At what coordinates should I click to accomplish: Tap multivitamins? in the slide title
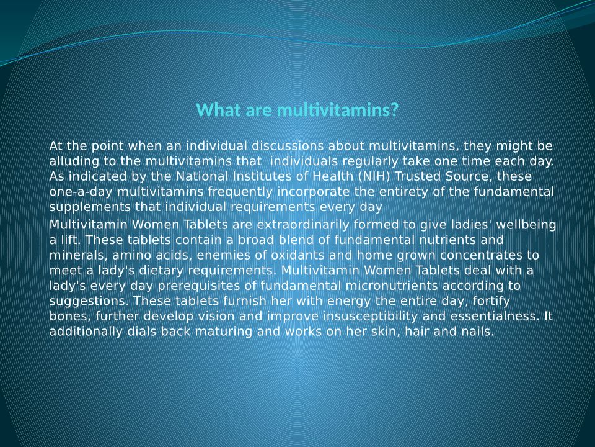pyautogui.click(x=338, y=110)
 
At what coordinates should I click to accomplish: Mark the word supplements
pyautogui.click(x=90, y=207)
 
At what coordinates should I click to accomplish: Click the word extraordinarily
pyautogui.click(x=303, y=225)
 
